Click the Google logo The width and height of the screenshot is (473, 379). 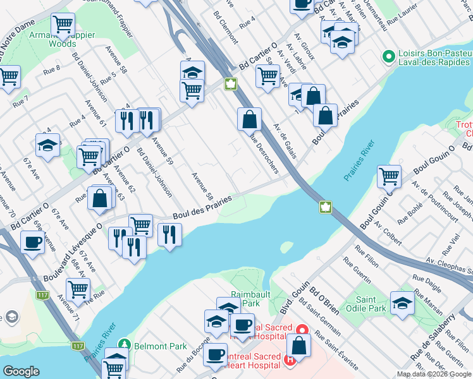click(x=21, y=371)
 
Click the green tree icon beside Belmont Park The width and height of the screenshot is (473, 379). click(x=125, y=346)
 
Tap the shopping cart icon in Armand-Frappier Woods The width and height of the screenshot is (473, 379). click(x=63, y=25)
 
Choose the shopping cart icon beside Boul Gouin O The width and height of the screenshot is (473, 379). click(x=389, y=176)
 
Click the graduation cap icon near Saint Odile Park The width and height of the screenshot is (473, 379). click(x=402, y=303)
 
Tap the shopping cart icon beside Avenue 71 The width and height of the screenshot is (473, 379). click(x=78, y=289)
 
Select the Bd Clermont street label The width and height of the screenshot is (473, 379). click(x=225, y=26)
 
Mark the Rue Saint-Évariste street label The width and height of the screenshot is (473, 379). click(x=340, y=354)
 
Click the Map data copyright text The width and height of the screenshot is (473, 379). click(x=434, y=375)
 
